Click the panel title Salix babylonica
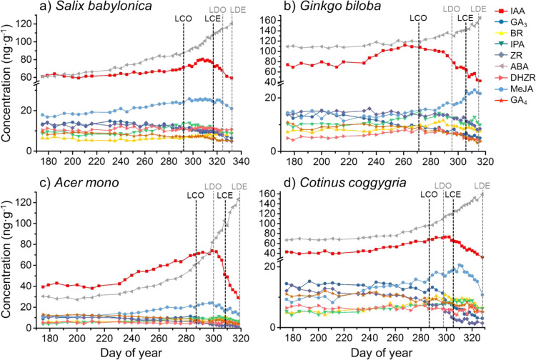pyautogui.click(x=81, y=9)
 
